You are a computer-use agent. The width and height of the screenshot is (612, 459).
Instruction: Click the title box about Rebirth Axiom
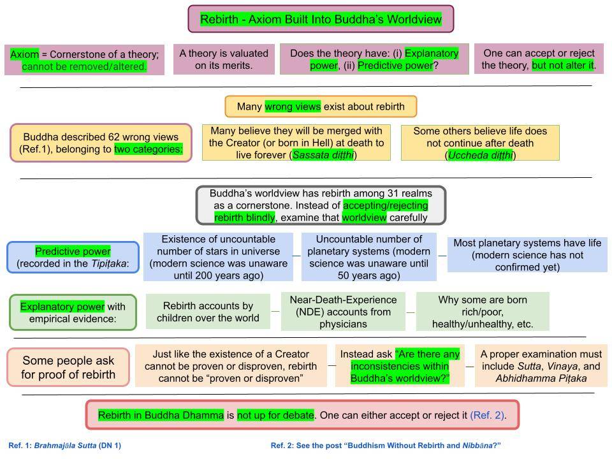[x=321, y=19]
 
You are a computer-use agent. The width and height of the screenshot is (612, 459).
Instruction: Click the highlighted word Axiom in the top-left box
[x=24, y=54]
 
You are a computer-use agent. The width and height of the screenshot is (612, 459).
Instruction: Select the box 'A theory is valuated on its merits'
[x=223, y=59]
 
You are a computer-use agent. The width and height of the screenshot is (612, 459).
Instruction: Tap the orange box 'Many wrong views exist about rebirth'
[x=321, y=106]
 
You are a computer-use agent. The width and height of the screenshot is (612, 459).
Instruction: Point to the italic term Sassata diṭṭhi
[x=323, y=155]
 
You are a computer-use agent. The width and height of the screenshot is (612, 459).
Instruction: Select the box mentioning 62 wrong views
[x=101, y=143]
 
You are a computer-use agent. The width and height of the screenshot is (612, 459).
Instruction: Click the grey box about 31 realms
[x=321, y=205]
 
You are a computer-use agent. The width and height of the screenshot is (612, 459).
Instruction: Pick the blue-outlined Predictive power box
[x=73, y=257]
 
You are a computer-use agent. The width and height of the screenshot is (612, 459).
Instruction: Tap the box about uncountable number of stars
[x=218, y=257]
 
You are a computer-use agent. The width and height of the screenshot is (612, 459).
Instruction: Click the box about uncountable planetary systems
[x=369, y=257]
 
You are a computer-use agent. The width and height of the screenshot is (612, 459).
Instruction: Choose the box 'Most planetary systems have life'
[x=527, y=254]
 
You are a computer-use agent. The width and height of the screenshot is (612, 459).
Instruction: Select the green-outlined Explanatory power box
[x=73, y=312]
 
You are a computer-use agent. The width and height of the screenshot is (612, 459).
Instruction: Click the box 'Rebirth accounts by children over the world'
[x=208, y=312]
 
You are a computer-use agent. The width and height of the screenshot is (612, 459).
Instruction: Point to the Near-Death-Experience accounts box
[x=343, y=312]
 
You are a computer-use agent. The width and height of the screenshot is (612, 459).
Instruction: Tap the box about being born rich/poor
[x=482, y=312]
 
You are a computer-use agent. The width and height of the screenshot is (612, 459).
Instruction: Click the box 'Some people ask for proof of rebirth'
[x=68, y=367]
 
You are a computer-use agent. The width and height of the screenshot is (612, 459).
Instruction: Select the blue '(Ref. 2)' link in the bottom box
[x=487, y=416]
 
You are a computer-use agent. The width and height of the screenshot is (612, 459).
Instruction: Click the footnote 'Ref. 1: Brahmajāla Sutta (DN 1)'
[x=64, y=445]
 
